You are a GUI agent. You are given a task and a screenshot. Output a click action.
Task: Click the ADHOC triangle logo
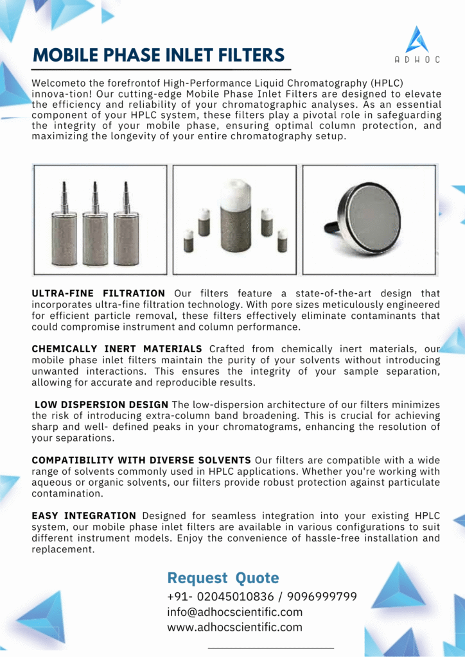pyautogui.click(x=417, y=40)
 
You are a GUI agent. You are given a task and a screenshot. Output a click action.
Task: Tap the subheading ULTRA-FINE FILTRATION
pyautogui.click(x=98, y=293)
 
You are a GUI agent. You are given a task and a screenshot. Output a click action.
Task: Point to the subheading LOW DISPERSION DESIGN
pyautogui.click(x=101, y=405)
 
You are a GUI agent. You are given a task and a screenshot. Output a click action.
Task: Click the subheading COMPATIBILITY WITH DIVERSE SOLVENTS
pyautogui.click(x=141, y=461)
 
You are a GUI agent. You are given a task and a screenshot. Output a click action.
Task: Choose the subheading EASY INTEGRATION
pyautogui.click(x=83, y=516)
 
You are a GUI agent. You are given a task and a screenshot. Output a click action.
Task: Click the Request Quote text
pyautogui.click(x=223, y=577)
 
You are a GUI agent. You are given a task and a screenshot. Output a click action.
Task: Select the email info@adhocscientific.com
pyautogui.click(x=234, y=612)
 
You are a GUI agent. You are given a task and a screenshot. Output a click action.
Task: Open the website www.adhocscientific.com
pyautogui.click(x=234, y=627)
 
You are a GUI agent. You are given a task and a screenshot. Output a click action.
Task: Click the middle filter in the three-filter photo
pyautogui.click(x=94, y=228)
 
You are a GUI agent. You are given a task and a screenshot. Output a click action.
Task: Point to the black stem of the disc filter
pyautogui.click(x=331, y=226)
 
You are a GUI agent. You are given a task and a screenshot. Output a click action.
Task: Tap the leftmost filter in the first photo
pyautogui.click(x=64, y=228)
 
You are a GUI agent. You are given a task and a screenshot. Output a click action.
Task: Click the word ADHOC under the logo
pyautogui.click(x=417, y=60)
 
